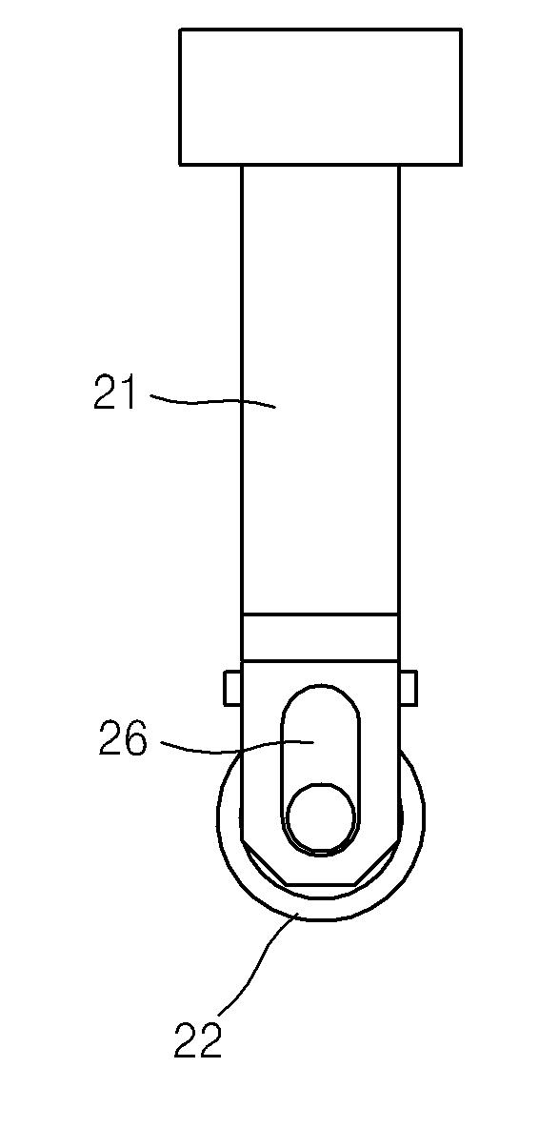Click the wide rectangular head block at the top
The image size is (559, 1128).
click(x=320, y=96)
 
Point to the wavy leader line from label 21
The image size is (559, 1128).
click(x=212, y=400)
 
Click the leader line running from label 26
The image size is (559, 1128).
click(x=237, y=748)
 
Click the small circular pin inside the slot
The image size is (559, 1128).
click(x=321, y=818)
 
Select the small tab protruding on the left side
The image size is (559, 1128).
click(x=232, y=688)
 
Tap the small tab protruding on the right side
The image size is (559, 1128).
click(x=408, y=688)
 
